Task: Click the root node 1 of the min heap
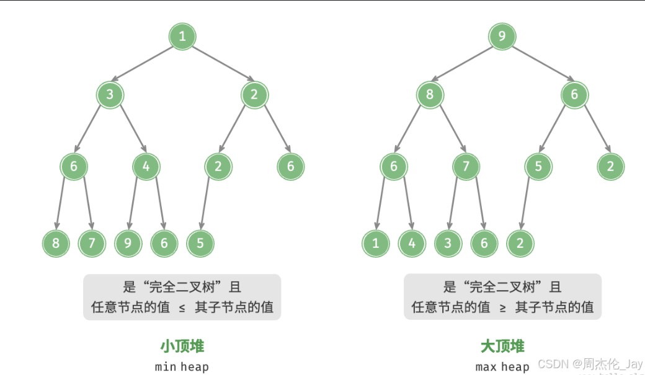[x=182, y=37]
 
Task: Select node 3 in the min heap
[x=110, y=95]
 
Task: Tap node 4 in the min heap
[x=146, y=167]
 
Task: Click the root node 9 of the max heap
[x=502, y=37]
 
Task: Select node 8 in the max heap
[x=430, y=95]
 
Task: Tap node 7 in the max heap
[x=466, y=167]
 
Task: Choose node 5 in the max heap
[x=538, y=167]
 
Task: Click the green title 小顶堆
[x=182, y=346]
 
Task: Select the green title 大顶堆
[x=502, y=346]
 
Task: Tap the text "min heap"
[x=182, y=366]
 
